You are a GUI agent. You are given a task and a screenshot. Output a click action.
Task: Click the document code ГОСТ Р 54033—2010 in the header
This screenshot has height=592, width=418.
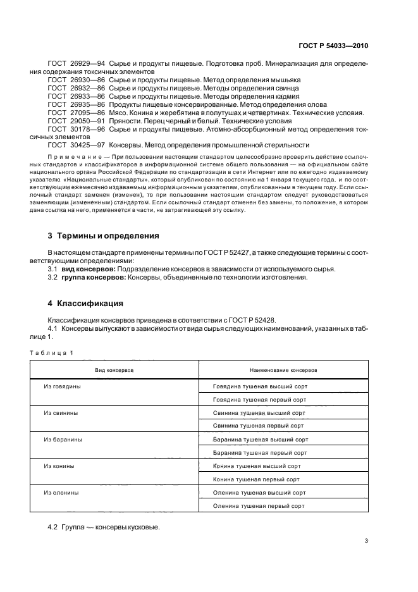click(333, 46)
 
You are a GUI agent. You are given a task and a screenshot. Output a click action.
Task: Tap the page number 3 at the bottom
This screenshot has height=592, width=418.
click(366, 540)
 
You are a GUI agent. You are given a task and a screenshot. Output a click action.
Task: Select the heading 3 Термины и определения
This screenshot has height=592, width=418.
click(104, 236)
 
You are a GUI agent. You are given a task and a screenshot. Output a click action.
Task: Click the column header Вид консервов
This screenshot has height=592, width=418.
click(114, 369)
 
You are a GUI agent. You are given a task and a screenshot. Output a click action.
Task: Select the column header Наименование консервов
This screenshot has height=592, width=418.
click(283, 369)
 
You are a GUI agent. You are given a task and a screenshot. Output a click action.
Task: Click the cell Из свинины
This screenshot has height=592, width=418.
click(61, 412)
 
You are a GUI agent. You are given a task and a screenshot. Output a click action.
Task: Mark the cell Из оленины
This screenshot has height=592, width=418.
click(61, 492)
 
